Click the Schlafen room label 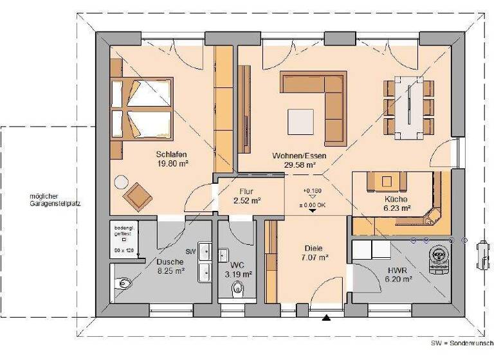(x=171, y=154)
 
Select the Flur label (x=247, y=192)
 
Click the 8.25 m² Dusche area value (x=171, y=271)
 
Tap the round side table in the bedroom (x=120, y=181)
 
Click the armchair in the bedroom (x=138, y=195)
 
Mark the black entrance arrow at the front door (x=327, y=317)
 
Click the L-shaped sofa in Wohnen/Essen (x=322, y=103)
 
